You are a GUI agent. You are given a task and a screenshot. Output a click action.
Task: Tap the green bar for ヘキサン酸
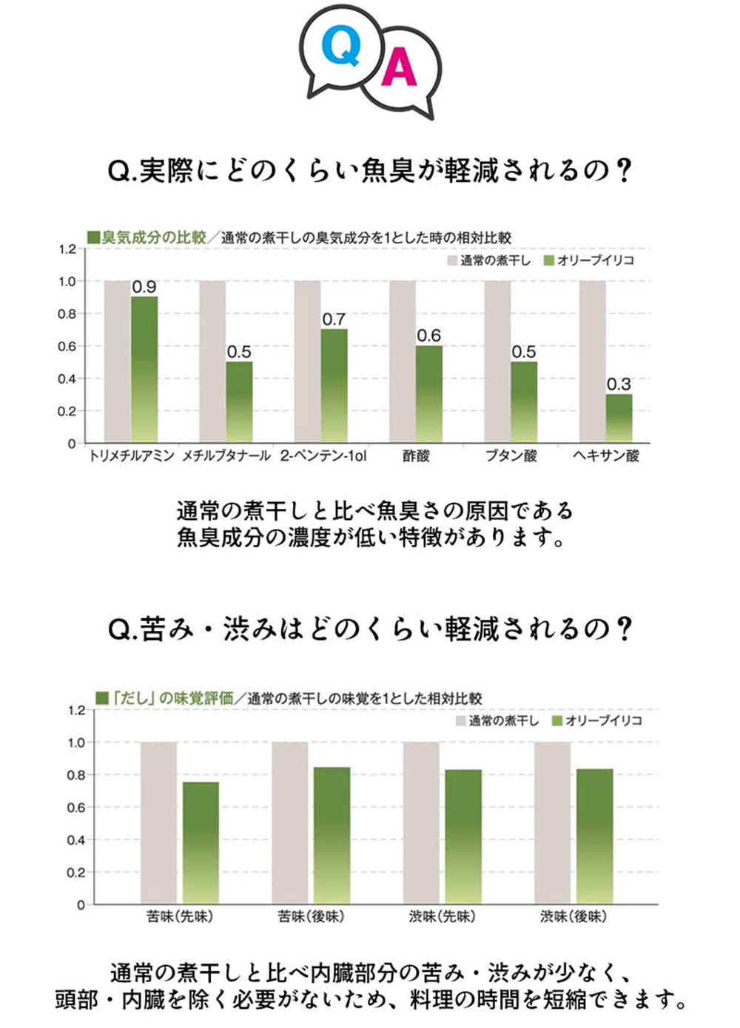tap(619, 418)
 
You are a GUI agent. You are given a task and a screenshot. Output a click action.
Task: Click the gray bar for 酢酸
tap(403, 362)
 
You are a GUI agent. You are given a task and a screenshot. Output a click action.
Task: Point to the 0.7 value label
tap(334, 319)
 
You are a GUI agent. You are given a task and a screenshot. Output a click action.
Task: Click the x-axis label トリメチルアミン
tap(131, 456)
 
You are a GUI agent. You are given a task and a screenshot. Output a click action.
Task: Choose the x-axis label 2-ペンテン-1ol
tap(323, 456)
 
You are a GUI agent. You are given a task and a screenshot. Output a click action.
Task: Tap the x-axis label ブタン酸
tap(511, 456)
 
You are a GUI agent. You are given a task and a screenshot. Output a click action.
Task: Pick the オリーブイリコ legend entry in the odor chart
tap(589, 260)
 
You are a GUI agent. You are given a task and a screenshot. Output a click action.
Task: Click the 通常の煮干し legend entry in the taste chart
tap(497, 720)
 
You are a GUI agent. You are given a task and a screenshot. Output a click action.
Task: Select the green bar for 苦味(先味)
tap(201, 842)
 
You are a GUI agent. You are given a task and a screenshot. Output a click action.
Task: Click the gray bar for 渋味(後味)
tap(552, 822)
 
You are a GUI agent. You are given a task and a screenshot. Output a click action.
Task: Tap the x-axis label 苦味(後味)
tap(311, 916)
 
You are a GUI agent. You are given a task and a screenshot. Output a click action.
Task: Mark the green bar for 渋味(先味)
tap(463, 836)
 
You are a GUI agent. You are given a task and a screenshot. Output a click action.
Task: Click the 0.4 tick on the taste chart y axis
tap(76, 840)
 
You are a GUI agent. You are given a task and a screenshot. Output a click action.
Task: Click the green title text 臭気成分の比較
tap(153, 237)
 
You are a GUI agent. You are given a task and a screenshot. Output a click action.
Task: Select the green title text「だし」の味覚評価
tap(172, 697)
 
